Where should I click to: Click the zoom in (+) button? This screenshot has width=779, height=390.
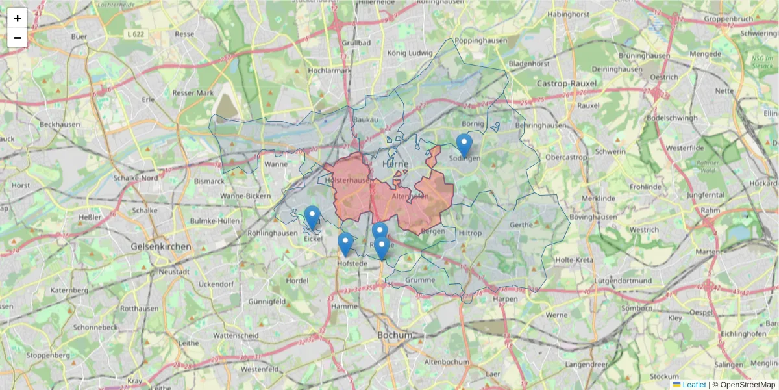18,18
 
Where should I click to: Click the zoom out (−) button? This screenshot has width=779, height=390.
18,38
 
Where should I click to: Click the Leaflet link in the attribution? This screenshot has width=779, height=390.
694,385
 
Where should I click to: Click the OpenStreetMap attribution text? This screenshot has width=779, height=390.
743,385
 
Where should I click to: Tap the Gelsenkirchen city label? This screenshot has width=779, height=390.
161,247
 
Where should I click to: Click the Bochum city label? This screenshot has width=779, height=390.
395,335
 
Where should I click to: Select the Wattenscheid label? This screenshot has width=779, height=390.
236,335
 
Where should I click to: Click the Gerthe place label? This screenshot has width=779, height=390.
522,225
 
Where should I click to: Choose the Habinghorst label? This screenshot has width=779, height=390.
568,14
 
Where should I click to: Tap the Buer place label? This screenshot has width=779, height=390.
79,37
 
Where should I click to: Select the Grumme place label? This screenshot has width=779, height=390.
420,280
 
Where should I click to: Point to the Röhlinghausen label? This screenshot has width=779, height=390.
272,233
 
